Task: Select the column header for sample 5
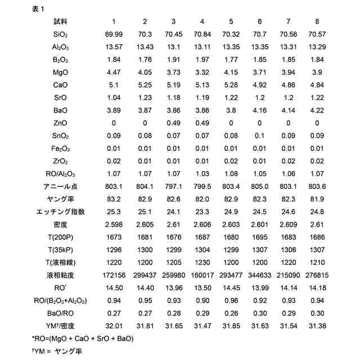[231, 21]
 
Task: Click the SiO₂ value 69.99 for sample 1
[114, 35]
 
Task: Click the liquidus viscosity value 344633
[260, 275]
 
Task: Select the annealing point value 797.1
[173, 186]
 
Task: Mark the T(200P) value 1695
[260, 237]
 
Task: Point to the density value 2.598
[114, 224]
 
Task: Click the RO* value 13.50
[201, 288]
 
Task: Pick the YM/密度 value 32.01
[114, 326]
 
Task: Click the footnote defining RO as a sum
[83, 339]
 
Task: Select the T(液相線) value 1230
[201, 263]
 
